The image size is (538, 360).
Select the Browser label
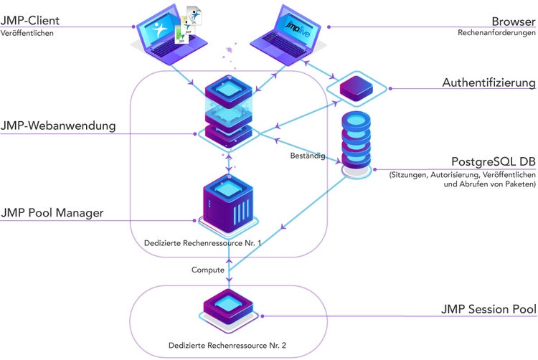coord(513,20)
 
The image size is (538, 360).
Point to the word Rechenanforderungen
coord(496,32)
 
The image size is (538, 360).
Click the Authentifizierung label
coord(489,83)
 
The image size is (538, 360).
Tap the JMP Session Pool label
coord(488,309)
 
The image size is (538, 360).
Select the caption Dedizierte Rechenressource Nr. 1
coord(202,243)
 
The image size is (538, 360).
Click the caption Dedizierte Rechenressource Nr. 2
coord(227,346)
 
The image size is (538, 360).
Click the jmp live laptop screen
coord(293,26)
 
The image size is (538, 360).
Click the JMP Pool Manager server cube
coord(228,203)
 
